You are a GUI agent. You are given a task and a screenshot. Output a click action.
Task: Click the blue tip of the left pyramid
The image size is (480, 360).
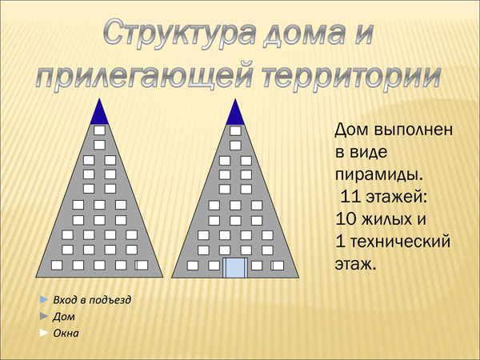[x=99, y=114]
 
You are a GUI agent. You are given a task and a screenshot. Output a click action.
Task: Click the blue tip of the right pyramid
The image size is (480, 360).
[x=235, y=114]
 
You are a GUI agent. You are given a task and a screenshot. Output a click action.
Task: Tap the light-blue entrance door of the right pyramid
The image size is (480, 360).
[x=235, y=268]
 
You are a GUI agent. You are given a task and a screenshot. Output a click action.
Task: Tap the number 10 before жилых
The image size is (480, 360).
[x=346, y=219]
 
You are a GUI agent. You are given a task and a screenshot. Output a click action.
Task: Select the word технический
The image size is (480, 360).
[x=400, y=242]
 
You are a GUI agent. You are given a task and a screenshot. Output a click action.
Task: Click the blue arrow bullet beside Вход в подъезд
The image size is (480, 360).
[x=44, y=300]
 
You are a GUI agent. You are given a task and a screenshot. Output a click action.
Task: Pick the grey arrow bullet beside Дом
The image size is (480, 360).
[x=44, y=316]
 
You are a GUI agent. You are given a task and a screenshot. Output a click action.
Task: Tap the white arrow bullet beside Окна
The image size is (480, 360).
[x=44, y=333]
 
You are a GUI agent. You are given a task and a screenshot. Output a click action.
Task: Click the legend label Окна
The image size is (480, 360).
[x=66, y=333]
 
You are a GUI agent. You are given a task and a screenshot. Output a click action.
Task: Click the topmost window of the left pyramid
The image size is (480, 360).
[x=99, y=130]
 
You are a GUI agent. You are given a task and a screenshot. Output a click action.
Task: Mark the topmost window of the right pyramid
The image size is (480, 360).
[x=235, y=130]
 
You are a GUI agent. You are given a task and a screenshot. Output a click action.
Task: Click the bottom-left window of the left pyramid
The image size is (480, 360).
[x=57, y=265]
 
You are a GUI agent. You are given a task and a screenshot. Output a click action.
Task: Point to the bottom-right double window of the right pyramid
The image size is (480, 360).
[x=278, y=266]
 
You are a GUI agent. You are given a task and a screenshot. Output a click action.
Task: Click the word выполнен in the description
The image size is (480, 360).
[x=413, y=130]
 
